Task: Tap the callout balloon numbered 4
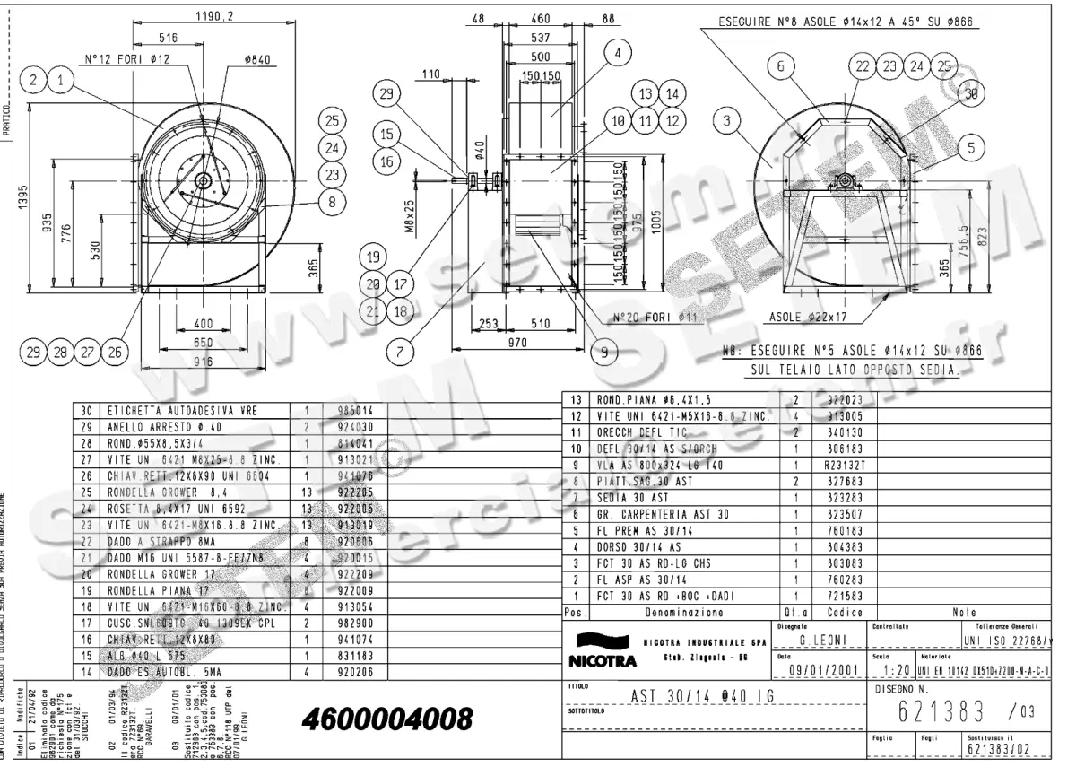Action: coord(617,53)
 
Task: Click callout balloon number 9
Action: coord(603,353)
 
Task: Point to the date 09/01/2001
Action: coord(818,669)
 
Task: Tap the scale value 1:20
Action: coord(895,669)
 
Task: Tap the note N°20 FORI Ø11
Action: coord(655,318)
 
